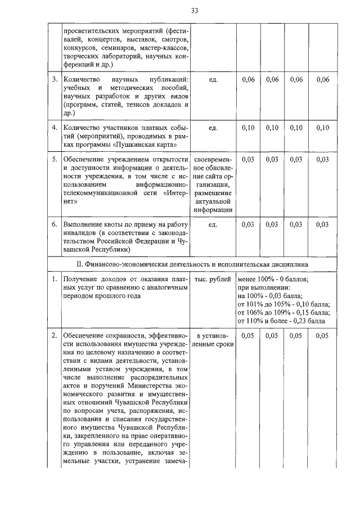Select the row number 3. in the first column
(55, 79)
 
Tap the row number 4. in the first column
(55, 128)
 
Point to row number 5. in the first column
(55, 160)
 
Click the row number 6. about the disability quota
(55, 224)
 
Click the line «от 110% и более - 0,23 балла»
(281, 321)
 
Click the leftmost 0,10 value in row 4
(248, 128)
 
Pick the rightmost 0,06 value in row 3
(322, 79)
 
